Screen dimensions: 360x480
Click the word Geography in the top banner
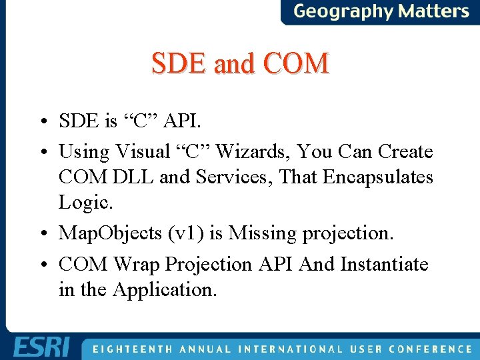pyautogui.click(x=343, y=11)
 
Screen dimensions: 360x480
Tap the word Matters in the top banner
pyautogui.click(x=434, y=11)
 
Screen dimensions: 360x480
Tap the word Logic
pyautogui.click(x=83, y=202)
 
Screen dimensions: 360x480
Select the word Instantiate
pyautogui.click(x=384, y=265)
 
